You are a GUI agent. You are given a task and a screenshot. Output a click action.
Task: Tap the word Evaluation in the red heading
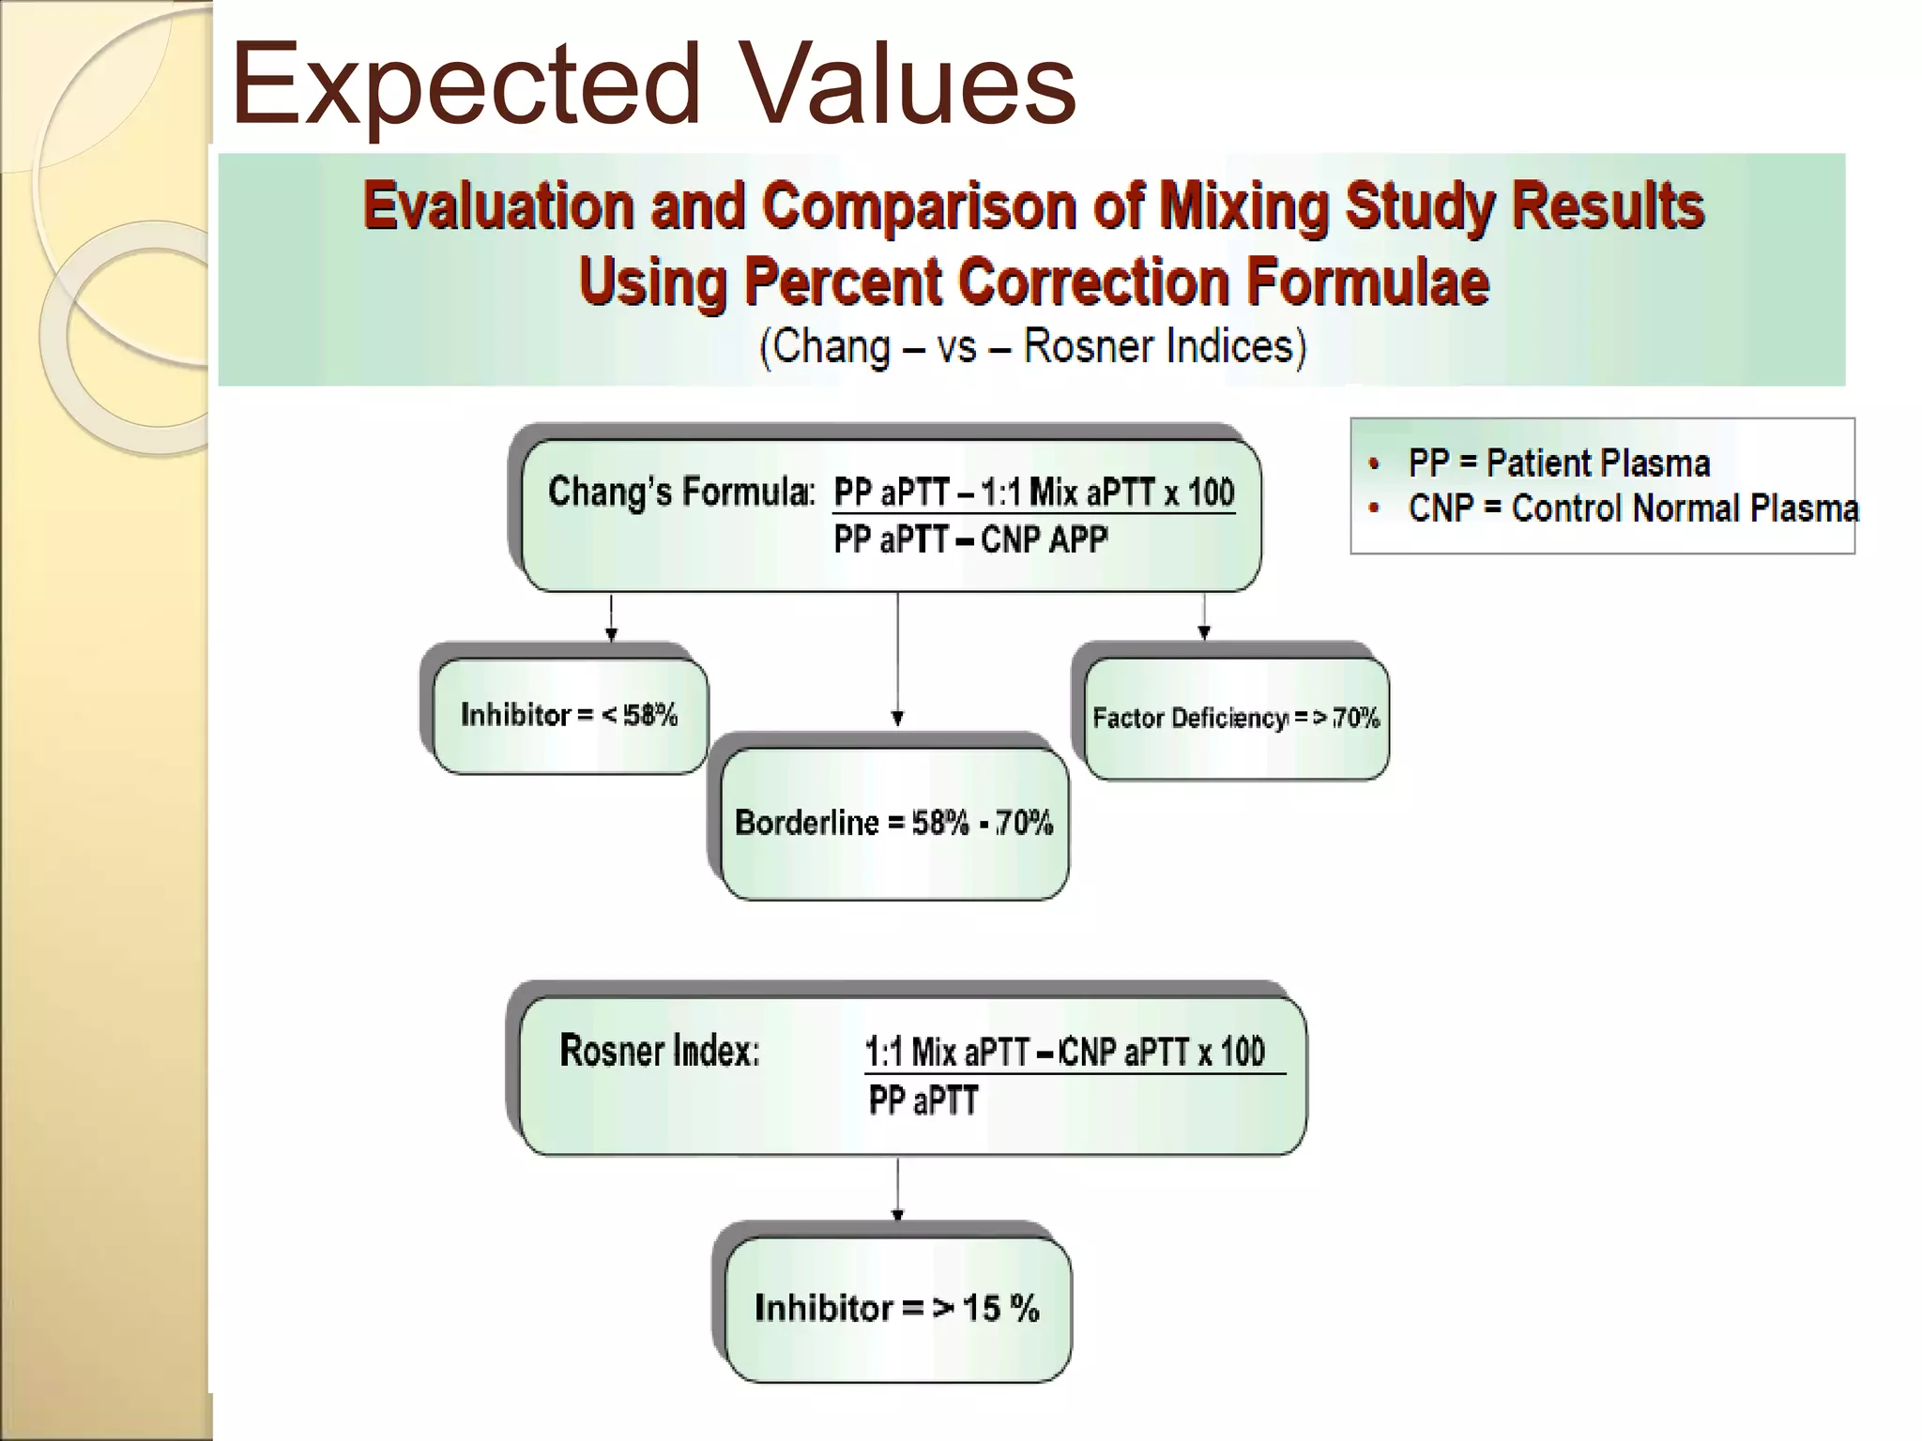tap(497, 205)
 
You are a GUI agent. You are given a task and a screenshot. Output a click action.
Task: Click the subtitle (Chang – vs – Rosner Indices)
tap(1032, 346)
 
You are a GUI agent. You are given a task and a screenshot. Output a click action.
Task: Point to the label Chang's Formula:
tap(680, 492)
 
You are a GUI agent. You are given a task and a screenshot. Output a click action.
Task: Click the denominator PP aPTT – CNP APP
tap(970, 540)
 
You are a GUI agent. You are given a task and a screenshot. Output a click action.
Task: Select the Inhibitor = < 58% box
tap(570, 716)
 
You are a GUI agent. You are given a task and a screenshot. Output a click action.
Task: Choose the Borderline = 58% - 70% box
tap(893, 823)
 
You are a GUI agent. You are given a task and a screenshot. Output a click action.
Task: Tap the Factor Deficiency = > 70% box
tap(1236, 719)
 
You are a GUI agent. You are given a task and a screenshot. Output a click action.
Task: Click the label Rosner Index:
tap(659, 1051)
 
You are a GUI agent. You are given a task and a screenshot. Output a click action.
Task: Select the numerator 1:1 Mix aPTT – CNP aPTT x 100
tap(1064, 1053)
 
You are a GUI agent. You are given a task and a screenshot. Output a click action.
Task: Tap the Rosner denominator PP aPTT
tap(923, 1100)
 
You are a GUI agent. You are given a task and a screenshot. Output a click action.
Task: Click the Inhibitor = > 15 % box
tap(897, 1308)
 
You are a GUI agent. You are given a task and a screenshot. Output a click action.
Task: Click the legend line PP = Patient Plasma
tap(1558, 463)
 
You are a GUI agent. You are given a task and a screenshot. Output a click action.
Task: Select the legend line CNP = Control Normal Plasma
tap(1632, 508)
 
